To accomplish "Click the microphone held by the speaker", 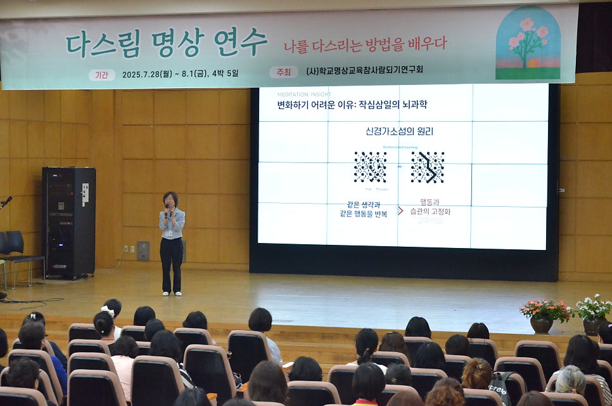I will [167, 207].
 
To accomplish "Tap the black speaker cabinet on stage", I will [68, 222].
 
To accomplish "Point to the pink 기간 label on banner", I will [101, 74].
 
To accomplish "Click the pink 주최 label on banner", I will [283, 72].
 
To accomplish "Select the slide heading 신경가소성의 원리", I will [399, 132].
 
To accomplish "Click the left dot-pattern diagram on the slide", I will [370, 167].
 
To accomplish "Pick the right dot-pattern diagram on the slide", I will [427, 167].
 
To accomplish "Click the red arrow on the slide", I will [400, 210].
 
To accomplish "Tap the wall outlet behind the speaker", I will [143, 251].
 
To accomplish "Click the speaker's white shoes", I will [172, 293].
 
